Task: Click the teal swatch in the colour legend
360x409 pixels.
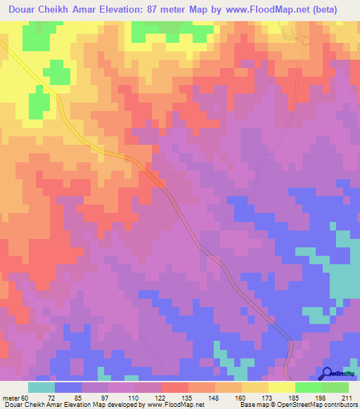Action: coord(41,387)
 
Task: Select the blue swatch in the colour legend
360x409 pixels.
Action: coord(68,387)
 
